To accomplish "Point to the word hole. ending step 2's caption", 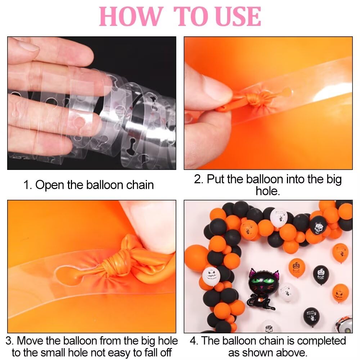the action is tap(268, 191).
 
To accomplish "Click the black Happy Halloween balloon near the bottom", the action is tap(311, 317).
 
